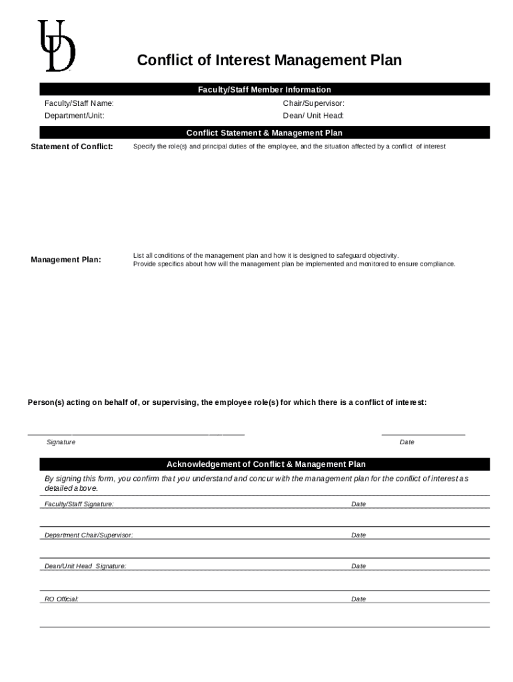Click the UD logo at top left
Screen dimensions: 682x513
[x=56, y=46]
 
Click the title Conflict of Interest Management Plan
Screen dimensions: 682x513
[x=269, y=61]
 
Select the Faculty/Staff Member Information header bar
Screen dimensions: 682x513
[x=264, y=89]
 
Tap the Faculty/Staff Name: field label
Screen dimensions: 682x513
[x=79, y=103]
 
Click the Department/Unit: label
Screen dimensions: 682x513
[x=74, y=116]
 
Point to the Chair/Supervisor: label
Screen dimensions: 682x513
[x=313, y=103]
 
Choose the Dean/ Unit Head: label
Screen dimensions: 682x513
[x=313, y=116]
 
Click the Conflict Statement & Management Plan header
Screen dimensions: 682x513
[x=264, y=133]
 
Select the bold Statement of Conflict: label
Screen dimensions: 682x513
[x=72, y=147]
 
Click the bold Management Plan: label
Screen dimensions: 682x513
[x=66, y=259]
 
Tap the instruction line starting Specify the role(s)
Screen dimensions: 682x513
[x=289, y=147]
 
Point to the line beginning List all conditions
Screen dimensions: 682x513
[x=266, y=255]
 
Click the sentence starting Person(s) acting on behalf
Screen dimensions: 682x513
[x=227, y=402]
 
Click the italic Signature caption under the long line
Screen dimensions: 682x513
[x=61, y=442]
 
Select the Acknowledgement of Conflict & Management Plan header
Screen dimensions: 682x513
[x=266, y=464]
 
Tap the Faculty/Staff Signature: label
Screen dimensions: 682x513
[x=79, y=504]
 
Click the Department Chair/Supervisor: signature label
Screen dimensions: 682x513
[x=88, y=535]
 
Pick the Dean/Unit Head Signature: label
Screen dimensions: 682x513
[x=85, y=566]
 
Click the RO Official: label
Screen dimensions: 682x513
[x=61, y=599]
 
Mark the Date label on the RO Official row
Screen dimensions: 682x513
[x=358, y=599]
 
